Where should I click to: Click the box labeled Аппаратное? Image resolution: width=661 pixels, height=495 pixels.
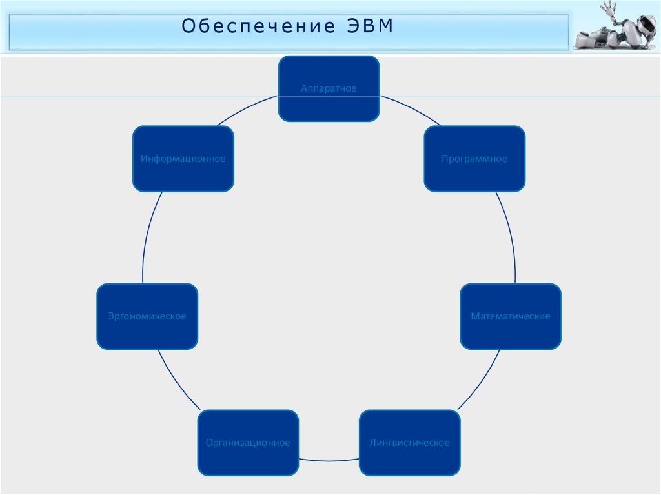tap(329, 88)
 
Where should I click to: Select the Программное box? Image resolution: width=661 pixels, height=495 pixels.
tap(474, 159)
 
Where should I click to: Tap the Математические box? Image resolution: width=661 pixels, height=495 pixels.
tap(511, 316)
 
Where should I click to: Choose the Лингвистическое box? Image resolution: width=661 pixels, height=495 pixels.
tap(409, 443)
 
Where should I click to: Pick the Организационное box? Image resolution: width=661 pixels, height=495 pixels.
tap(248, 443)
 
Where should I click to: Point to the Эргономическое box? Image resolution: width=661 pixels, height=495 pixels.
tap(147, 316)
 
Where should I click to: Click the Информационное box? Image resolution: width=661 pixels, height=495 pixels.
tap(183, 159)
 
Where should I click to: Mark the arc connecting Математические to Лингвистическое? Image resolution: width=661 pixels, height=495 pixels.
tap(481, 381)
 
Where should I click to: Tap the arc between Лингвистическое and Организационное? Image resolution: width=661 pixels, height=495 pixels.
tap(329, 461)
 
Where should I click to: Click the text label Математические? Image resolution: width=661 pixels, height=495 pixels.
tap(511, 316)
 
